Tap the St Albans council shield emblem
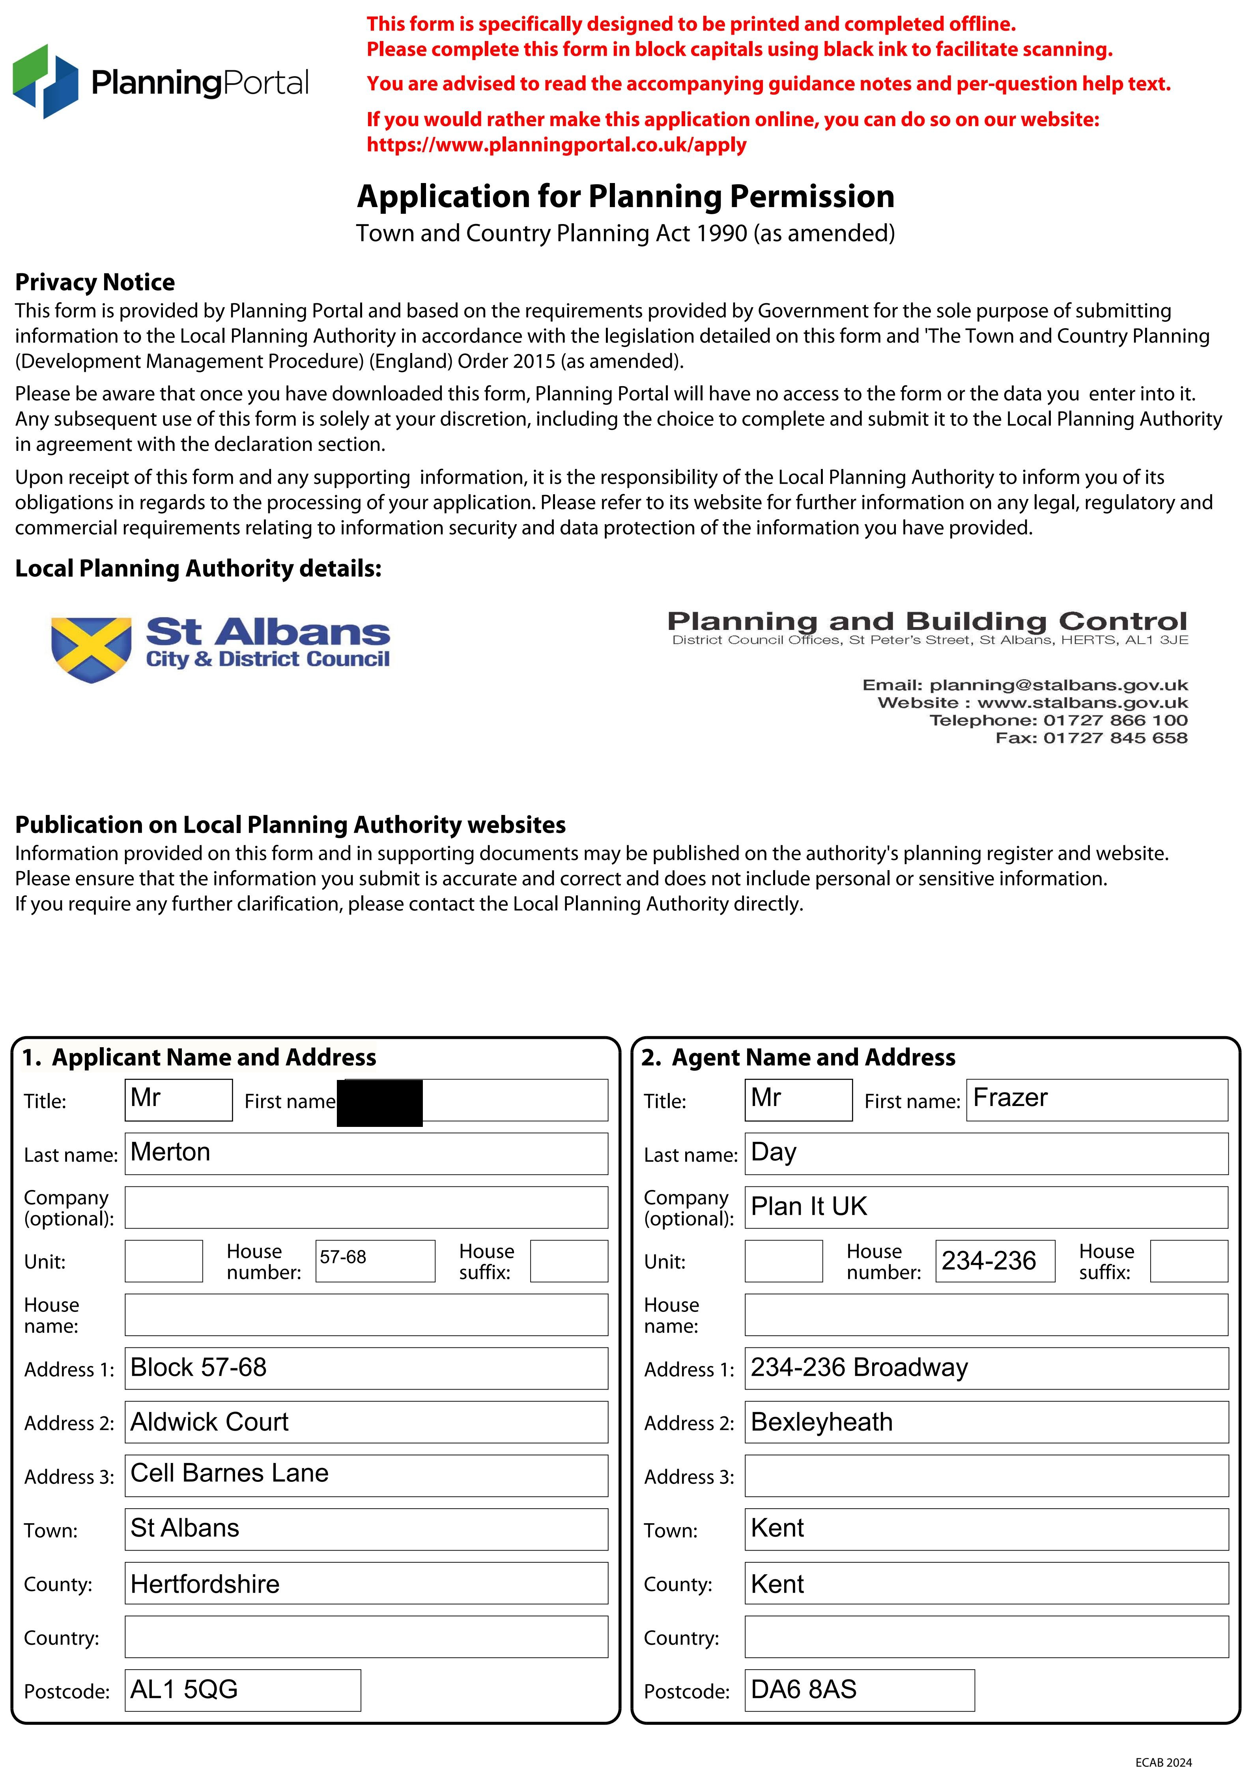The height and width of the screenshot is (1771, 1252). [x=91, y=649]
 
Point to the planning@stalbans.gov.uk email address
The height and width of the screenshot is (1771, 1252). [x=1058, y=685]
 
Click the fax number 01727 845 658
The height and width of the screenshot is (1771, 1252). [x=1115, y=738]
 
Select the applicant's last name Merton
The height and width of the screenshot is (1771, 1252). [x=170, y=1153]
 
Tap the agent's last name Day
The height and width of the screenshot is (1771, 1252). [x=774, y=1153]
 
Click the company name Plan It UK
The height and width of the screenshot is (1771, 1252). [x=809, y=1207]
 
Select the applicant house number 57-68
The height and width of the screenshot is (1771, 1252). [x=343, y=1257]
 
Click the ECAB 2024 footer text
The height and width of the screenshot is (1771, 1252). [x=1163, y=1762]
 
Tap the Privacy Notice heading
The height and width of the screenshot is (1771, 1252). [x=95, y=282]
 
